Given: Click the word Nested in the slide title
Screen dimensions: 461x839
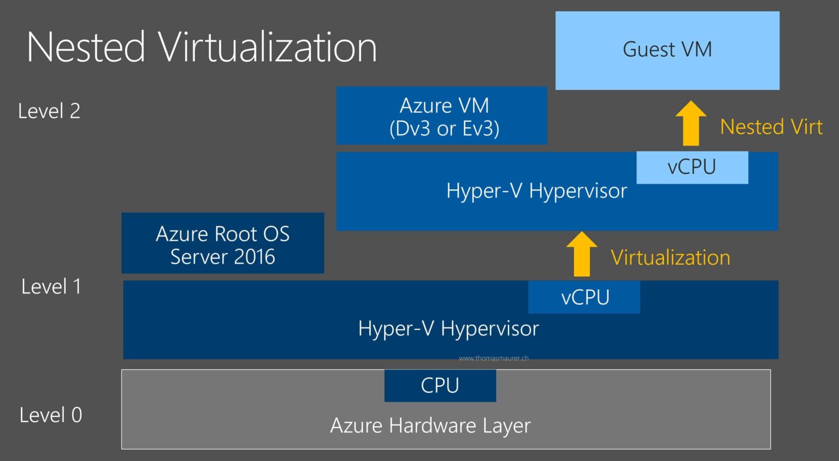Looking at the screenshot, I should click(86, 47).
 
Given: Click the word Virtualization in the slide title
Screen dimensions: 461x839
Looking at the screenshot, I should click(268, 47).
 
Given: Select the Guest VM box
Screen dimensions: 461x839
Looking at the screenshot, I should click(667, 50).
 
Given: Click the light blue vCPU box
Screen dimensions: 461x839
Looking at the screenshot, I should click(692, 167).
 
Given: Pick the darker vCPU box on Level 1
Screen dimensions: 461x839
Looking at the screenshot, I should click(584, 297).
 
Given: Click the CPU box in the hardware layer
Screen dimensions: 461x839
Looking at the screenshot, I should click(440, 386).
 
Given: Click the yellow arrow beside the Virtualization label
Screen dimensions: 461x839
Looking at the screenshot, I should click(581, 254).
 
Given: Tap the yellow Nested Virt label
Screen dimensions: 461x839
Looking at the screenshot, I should click(771, 127).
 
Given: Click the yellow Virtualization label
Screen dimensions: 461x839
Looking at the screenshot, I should click(670, 258).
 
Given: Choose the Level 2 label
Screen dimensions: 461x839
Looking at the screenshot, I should click(49, 111).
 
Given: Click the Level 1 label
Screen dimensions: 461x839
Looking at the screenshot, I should click(51, 286).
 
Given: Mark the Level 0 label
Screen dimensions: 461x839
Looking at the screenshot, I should click(50, 415).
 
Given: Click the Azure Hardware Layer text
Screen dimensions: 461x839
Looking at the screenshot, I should click(430, 426).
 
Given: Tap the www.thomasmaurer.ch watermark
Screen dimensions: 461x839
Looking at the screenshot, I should click(493, 358).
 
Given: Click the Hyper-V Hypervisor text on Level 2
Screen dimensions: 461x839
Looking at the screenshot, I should click(536, 191).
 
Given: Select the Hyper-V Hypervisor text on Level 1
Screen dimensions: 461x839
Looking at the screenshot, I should click(448, 329).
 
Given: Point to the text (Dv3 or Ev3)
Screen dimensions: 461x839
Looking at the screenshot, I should click(444, 129).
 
